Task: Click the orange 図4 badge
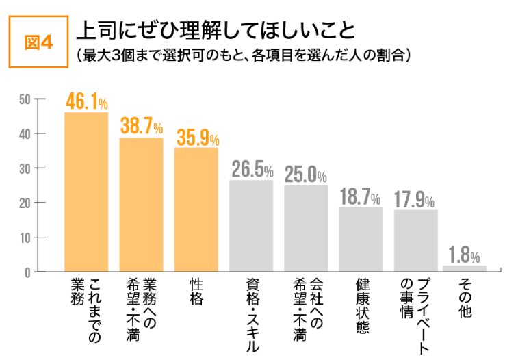[x=38, y=42]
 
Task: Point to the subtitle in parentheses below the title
[x=243, y=54]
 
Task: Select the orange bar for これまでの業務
[x=86, y=192]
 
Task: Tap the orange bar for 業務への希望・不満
[x=142, y=205]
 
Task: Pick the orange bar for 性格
[x=196, y=209]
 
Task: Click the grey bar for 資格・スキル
[x=251, y=226]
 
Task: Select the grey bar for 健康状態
[x=361, y=240]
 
